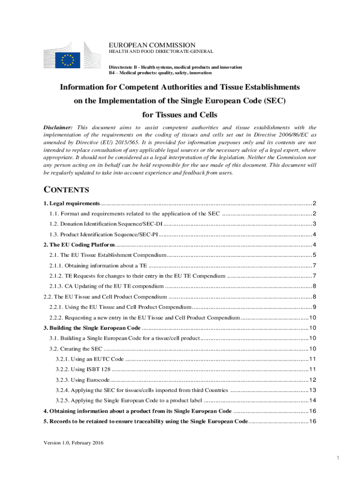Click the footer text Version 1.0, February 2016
click(73, 443)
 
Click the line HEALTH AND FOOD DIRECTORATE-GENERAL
click(161, 51)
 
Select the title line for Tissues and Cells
click(180, 115)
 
